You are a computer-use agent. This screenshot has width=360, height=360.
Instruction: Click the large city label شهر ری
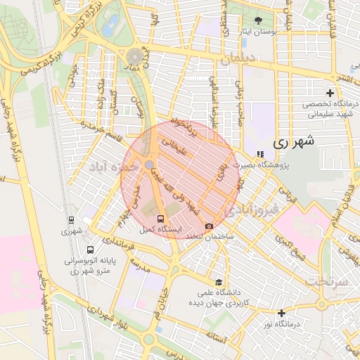[294, 141]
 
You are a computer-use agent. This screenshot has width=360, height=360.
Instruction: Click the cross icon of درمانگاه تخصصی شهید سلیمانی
[330, 93]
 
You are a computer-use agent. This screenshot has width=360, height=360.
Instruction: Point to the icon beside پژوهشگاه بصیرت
[259, 154]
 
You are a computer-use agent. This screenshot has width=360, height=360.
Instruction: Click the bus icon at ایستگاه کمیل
[161, 219]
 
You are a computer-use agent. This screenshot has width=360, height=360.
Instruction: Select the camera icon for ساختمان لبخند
[209, 226]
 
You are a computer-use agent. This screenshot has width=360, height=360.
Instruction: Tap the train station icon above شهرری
[71, 219]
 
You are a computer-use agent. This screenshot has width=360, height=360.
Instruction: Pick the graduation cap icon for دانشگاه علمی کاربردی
[218, 283]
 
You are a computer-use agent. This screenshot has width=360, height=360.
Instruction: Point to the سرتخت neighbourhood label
[326, 281]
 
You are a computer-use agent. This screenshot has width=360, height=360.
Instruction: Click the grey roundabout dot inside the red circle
[150, 165]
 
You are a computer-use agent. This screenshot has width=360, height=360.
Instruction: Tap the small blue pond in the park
[110, 28]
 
